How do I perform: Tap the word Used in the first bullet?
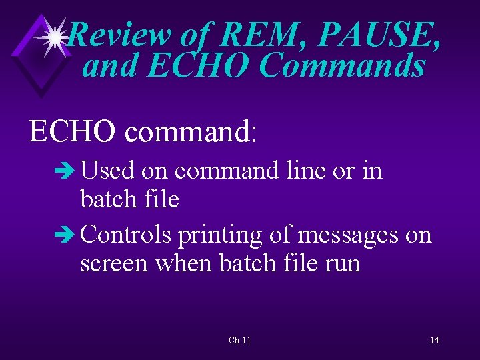(x=108, y=171)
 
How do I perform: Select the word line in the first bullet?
(x=304, y=171)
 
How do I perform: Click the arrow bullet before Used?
(x=68, y=171)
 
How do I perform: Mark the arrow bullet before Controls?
(x=68, y=235)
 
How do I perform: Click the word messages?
(x=345, y=235)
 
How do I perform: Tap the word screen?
(x=115, y=264)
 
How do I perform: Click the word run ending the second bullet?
(x=342, y=264)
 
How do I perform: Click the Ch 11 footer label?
(x=240, y=340)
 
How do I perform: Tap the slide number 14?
(x=434, y=340)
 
